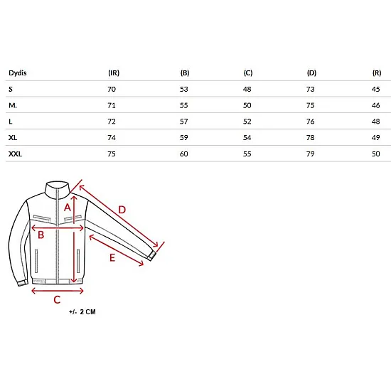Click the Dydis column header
tap(18, 73)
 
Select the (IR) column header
tap(114, 73)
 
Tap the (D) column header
tap(311, 73)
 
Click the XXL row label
tap(15, 154)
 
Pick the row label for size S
tap(11, 89)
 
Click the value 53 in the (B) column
tap(184, 89)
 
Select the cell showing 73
tap(311, 89)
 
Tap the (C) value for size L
tap(247, 122)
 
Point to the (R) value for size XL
tap(376, 137)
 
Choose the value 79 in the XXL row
tap(311, 154)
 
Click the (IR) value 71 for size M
tap(112, 105)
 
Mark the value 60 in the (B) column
tap(184, 154)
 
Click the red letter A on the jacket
tap(68, 207)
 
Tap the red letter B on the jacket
tap(41, 235)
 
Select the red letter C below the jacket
tap(57, 299)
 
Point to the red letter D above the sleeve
tap(122, 210)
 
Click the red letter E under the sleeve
tap(112, 257)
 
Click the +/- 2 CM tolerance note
tap(82, 311)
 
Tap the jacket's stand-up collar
tap(58, 190)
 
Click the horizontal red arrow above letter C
tap(58, 291)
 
